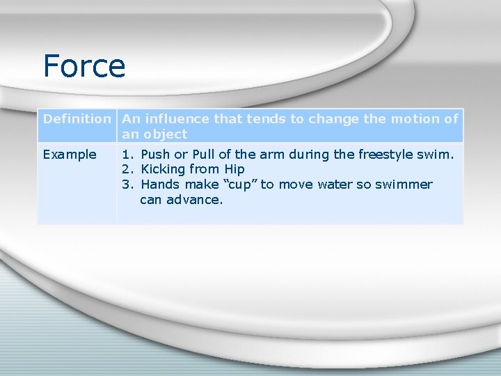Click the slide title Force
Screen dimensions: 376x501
pyautogui.click(x=83, y=66)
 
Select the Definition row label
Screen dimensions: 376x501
pyautogui.click(x=77, y=118)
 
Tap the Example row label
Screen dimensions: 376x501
pyautogui.click(x=70, y=154)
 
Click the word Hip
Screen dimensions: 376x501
pyautogui.click(x=234, y=169)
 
